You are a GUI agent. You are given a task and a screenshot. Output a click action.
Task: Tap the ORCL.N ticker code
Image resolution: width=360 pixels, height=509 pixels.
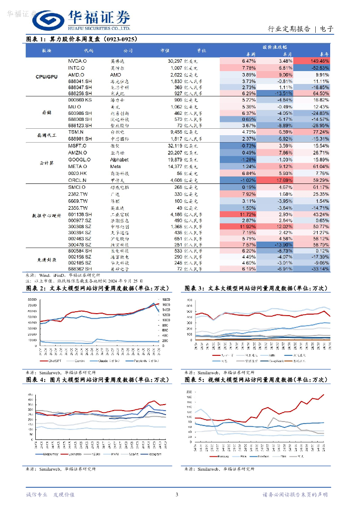tap(77, 179)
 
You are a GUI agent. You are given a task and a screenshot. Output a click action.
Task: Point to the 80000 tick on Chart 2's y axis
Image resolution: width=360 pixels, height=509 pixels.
tap(32, 299)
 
